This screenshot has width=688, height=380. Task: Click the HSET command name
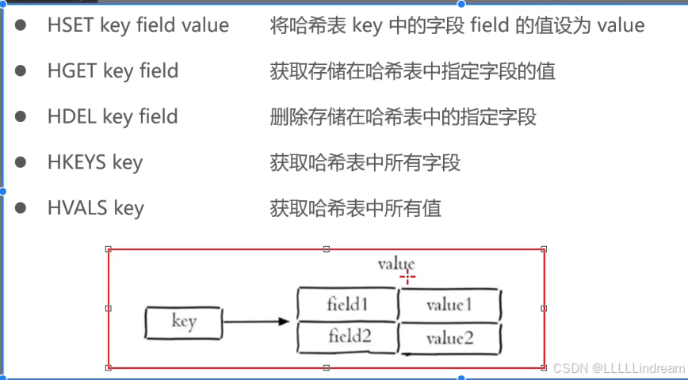pos(71,25)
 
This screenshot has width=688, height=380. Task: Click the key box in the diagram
pos(183,322)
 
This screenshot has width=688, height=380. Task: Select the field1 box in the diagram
pos(347,304)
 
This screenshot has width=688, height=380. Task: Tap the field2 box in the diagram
pos(347,338)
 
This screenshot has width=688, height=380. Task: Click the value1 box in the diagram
pos(449,305)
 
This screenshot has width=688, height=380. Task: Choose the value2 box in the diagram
pos(449,339)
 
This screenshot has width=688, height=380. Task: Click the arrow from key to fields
pos(256,322)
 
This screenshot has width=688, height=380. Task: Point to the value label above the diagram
pos(396,264)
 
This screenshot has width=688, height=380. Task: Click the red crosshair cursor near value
pos(407,276)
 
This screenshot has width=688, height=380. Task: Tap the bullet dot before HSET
pos(21,25)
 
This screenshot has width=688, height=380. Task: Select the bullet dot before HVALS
pos(21,208)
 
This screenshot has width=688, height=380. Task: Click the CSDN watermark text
pos(617,368)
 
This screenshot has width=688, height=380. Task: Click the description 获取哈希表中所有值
pos(356,209)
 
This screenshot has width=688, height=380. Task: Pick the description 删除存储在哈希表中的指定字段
pos(403,117)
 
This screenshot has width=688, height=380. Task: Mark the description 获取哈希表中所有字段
pos(365,163)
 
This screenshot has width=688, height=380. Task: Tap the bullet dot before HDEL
pos(21,117)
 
